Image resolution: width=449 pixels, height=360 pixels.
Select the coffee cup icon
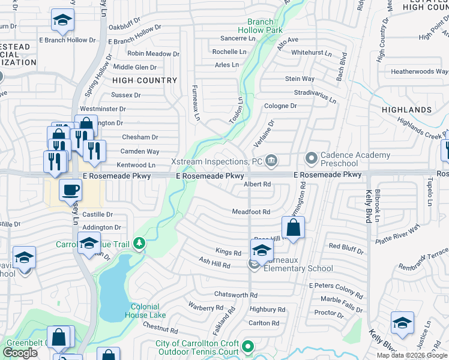point(71,190)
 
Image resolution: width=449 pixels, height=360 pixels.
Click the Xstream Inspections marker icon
point(271,160)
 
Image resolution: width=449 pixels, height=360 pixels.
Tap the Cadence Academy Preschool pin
point(311,158)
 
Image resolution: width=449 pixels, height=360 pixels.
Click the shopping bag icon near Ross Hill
point(292,229)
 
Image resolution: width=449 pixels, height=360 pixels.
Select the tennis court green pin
point(247,346)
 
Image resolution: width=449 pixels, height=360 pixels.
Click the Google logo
point(20,353)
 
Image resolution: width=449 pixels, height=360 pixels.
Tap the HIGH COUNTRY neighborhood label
point(145,80)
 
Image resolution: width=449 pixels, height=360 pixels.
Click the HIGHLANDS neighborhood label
point(406,110)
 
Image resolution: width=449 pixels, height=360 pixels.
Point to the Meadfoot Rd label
point(251,212)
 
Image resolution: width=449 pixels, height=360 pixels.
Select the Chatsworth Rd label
point(236,295)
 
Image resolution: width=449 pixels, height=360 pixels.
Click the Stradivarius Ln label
point(313,93)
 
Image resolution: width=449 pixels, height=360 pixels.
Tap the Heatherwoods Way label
point(420,71)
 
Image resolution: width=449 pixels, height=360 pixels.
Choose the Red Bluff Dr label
point(346,247)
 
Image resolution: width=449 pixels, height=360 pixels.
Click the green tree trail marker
point(139,243)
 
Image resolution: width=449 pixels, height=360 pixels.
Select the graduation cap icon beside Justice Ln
point(402,323)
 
